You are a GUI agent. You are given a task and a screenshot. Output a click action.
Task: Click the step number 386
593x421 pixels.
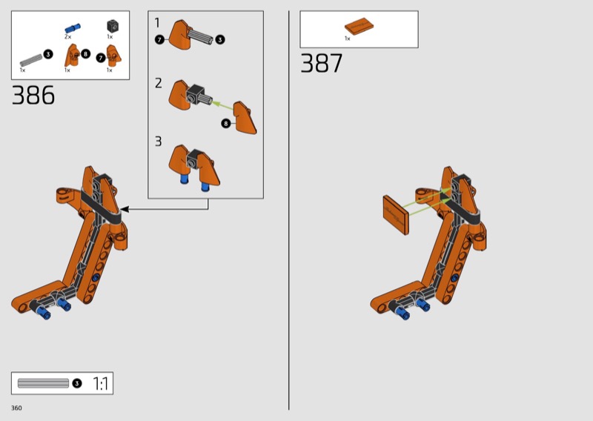[x=33, y=95]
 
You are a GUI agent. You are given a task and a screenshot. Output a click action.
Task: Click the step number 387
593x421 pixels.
[x=322, y=63]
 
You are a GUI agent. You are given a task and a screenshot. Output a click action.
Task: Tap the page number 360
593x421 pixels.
[x=16, y=408]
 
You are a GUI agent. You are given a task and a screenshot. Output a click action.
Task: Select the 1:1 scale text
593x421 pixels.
[x=100, y=383]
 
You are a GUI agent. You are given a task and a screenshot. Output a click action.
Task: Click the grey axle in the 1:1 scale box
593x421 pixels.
[x=43, y=383]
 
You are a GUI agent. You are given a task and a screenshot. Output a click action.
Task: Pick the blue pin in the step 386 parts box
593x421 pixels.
[x=72, y=28]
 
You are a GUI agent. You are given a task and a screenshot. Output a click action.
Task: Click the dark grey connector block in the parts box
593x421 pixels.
[x=113, y=26]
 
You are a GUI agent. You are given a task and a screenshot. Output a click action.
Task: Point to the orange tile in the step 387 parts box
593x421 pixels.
[x=359, y=26]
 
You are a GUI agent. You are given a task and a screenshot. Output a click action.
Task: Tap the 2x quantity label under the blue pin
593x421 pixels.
[x=67, y=37]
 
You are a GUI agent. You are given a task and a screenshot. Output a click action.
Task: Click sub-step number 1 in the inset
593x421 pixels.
[x=157, y=23]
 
